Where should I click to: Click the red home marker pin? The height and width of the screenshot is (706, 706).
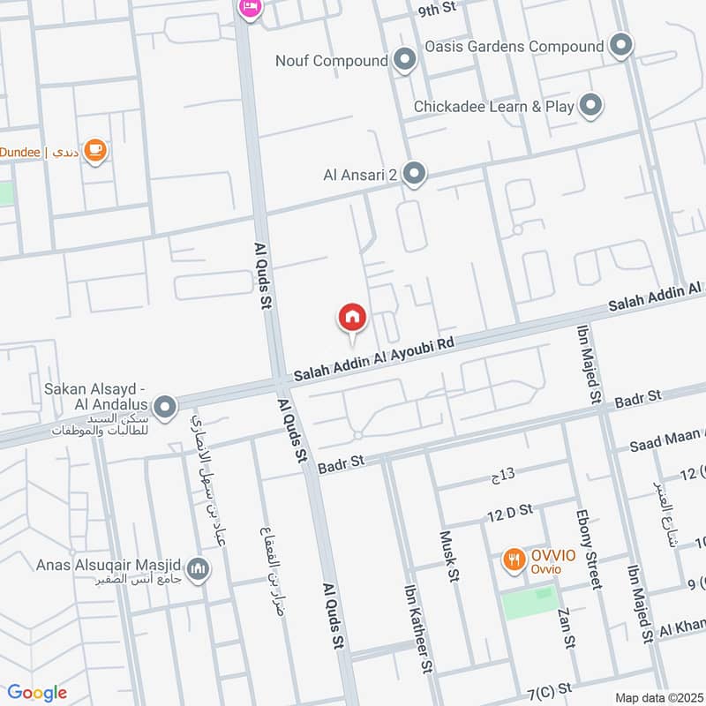352,317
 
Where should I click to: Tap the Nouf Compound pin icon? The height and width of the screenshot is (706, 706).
405,61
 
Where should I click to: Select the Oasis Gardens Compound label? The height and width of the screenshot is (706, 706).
514,46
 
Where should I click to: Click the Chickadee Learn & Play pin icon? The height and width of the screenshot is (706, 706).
590,107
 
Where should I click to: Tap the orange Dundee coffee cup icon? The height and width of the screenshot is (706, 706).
96,152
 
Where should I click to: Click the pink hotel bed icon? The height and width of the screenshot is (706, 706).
249,8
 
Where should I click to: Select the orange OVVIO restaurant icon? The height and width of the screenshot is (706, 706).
513,559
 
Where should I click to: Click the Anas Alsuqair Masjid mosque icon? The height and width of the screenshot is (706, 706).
199,566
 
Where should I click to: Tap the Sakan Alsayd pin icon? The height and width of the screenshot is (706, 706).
164,408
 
